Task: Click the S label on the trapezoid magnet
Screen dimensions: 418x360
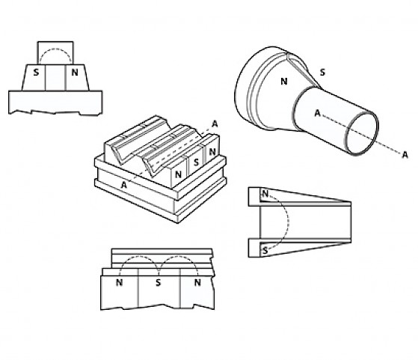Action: pyautogui.click(x=36, y=73)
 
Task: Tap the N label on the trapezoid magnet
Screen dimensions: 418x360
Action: pyautogui.click(x=75, y=73)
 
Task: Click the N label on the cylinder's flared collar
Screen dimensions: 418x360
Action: pyautogui.click(x=284, y=82)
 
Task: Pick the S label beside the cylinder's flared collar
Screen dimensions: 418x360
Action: pyautogui.click(x=322, y=73)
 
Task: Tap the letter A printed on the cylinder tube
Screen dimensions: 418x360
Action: pyautogui.click(x=317, y=114)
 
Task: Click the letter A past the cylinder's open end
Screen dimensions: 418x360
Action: pyautogui.click(x=405, y=155)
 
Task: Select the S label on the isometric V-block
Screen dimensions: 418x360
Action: pyautogui.click(x=197, y=162)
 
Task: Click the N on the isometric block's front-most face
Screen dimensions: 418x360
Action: pyautogui.click(x=178, y=175)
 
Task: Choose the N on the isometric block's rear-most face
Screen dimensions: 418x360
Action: pyautogui.click(x=212, y=152)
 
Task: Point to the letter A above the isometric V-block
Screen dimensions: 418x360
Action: pyautogui.click(x=215, y=123)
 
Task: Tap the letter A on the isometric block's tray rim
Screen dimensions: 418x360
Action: pyautogui.click(x=123, y=185)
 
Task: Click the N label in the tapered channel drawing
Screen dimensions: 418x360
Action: pyautogui.click(x=265, y=194)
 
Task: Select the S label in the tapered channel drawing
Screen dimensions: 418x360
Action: pyautogui.click(x=265, y=251)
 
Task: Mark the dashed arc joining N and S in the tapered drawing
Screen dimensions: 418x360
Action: pyautogui.click(x=289, y=222)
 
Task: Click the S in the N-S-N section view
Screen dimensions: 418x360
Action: pyautogui.click(x=159, y=282)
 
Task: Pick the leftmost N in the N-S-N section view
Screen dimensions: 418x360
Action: pyautogui.click(x=120, y=282)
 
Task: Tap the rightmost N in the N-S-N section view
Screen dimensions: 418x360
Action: pyautogui.click(x=197, y=282)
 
